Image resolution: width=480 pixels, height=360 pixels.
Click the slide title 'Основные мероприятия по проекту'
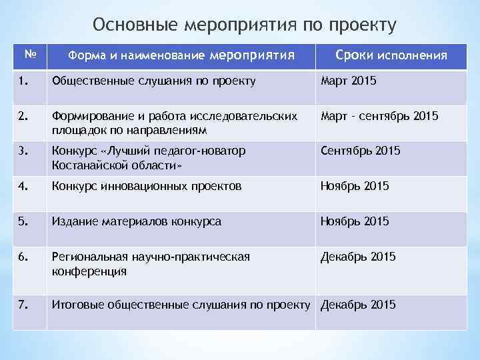point(245,25)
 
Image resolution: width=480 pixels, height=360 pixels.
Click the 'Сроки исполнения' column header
point(391,55)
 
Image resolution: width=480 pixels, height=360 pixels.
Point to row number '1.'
point(23,81)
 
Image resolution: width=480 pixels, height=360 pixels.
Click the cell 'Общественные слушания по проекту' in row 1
point(153,81)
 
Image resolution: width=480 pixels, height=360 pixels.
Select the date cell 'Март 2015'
point(349,81)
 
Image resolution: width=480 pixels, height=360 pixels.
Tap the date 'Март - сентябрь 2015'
point(379,116)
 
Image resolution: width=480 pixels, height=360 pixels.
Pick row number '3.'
point(23,151)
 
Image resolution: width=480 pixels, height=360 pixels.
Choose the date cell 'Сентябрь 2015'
point(361,151)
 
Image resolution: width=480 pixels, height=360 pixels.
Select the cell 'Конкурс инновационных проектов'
point(147,187)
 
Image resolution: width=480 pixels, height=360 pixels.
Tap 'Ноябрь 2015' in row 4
point(355,187)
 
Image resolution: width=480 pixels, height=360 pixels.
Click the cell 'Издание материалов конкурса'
point(137,221)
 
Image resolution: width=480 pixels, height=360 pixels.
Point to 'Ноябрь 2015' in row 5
point(355,221)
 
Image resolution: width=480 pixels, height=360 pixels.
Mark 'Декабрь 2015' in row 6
point(358,257)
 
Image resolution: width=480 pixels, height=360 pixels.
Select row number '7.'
point(23,305)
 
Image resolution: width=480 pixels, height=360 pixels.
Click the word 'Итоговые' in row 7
point(75,305)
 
